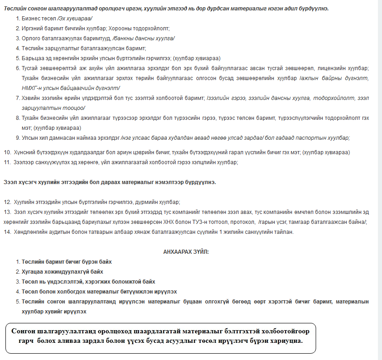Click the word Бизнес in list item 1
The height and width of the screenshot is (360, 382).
click(x=31, y=18)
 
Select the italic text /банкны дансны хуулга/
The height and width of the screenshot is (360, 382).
click(x=145, y=38)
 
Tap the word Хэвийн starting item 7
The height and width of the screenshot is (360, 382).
click(x=31, y=98)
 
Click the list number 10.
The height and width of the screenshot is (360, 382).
click(x=7, y=152)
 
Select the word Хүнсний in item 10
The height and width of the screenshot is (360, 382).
click(x=24, y=152)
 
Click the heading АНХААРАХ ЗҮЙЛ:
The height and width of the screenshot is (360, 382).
click(x=186, y=251)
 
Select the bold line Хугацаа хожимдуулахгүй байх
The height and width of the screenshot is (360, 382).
click(x=62, y=272)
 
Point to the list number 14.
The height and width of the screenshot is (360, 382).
click(x=7, y=232)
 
